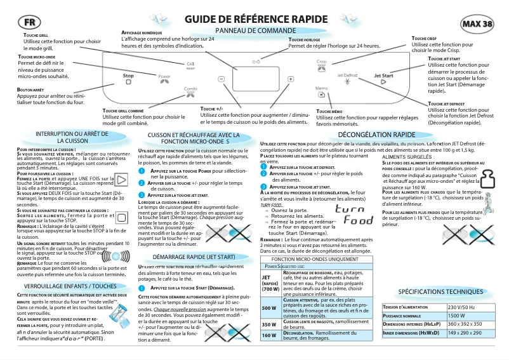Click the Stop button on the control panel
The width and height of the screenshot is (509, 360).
coord(128,76)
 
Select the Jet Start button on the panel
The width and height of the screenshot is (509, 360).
coord(383,76)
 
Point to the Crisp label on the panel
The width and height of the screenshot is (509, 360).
coord(322,62)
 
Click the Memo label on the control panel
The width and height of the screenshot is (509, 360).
coord(321,89)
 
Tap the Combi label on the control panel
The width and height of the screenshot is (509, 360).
coord(190,89)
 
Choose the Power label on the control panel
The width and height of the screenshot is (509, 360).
coord(164,76)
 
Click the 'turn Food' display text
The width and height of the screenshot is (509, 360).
coord(354,215)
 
